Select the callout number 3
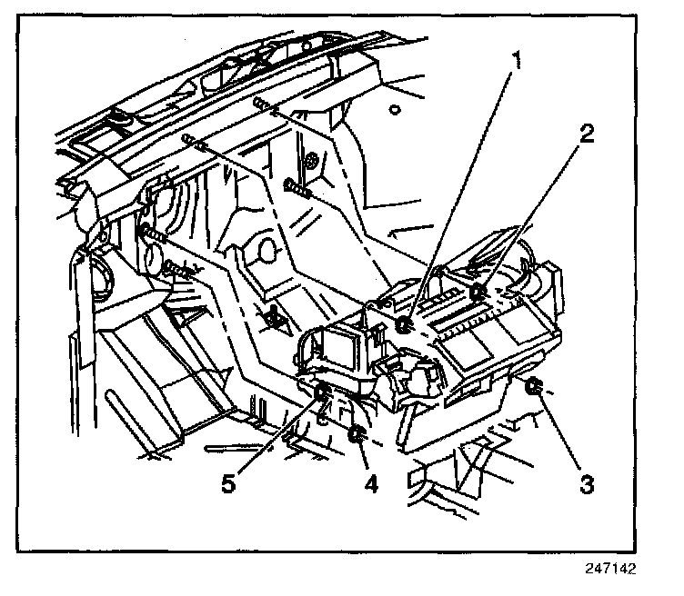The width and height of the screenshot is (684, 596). point(588,484)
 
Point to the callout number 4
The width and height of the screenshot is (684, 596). point(370,484)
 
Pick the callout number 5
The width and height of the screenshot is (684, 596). point(229,484)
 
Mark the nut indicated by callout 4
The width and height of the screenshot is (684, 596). point(357,434)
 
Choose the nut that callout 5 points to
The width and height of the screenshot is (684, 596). point(322,392)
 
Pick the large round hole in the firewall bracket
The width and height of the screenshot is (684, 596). point(266,247)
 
